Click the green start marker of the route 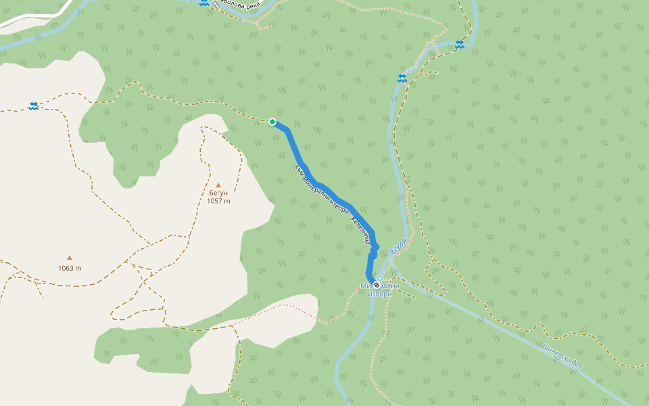(272, 122)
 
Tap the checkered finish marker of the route (377, 285)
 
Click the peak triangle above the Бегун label (218, 185)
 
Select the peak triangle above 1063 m (69, 257)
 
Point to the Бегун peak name (218, 193)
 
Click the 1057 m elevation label (218, 201)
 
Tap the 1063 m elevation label (70, 268)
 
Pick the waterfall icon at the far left (34, 106)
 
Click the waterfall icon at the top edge (204, 3)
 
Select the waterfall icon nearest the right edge (460, 45)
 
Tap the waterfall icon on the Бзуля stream (402, 79)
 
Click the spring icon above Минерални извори (380, 277)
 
